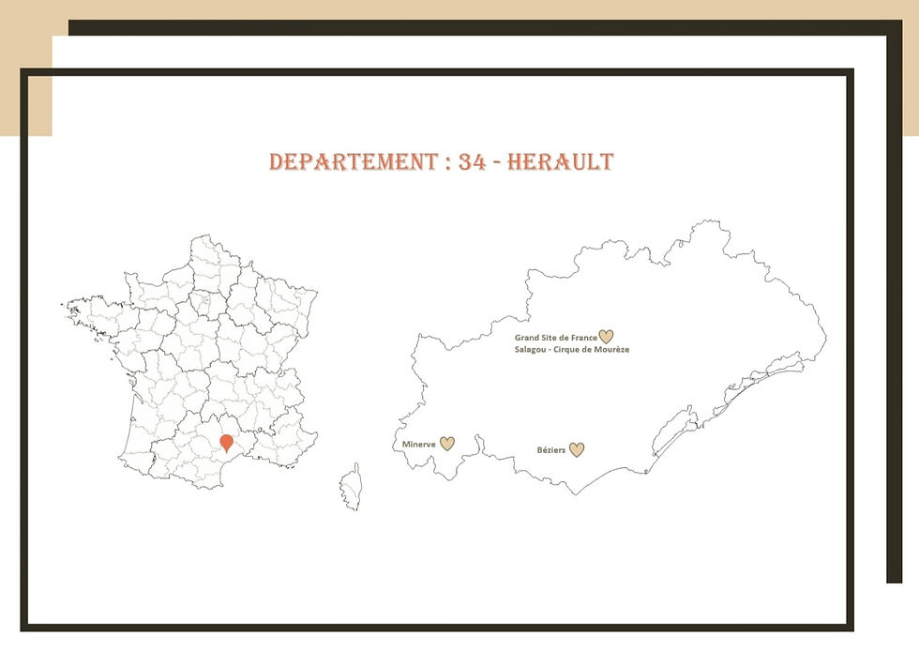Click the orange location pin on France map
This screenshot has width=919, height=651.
point(226,442)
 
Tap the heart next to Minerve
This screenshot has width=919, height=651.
point(447,444)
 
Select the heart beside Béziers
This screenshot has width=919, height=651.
point(577,449)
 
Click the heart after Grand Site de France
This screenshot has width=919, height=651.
point(606,337)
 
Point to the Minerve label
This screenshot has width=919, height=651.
point(418,444)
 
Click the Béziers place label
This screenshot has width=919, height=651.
point(551,450)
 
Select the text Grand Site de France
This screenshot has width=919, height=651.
point(555,338)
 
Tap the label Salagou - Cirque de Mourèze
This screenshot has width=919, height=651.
point(571,350)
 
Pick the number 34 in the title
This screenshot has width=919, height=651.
point(474,162)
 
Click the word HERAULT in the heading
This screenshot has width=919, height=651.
point(561,162)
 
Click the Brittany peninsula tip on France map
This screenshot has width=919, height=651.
point(71,306)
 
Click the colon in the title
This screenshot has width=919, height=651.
point(448,163)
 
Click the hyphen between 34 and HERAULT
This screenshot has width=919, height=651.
point(497,163)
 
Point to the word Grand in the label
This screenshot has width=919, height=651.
point(526,338)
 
